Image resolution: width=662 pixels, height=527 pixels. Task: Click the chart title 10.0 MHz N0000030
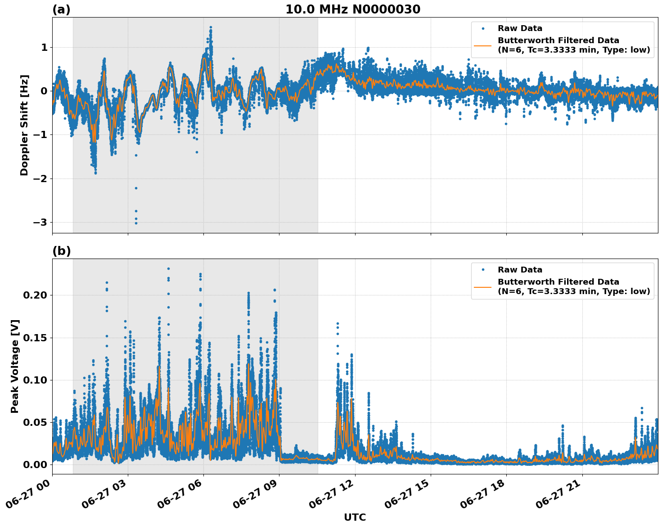(352, 9)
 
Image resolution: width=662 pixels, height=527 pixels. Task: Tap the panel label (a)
(61, 9)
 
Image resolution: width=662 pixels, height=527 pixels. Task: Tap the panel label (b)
(61, 251)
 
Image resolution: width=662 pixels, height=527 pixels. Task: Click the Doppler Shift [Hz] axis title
(24, 125)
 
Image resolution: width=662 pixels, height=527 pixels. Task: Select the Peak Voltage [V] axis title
(15, 366)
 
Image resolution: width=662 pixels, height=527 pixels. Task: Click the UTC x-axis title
(355, 517)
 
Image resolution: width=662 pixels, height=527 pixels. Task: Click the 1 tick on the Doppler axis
(44, 48)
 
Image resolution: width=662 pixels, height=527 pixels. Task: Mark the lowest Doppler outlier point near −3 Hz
(136, 223)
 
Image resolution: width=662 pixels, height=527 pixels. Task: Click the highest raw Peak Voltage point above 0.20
(168, 269)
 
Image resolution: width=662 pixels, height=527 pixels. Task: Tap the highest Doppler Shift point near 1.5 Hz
(211, 27)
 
